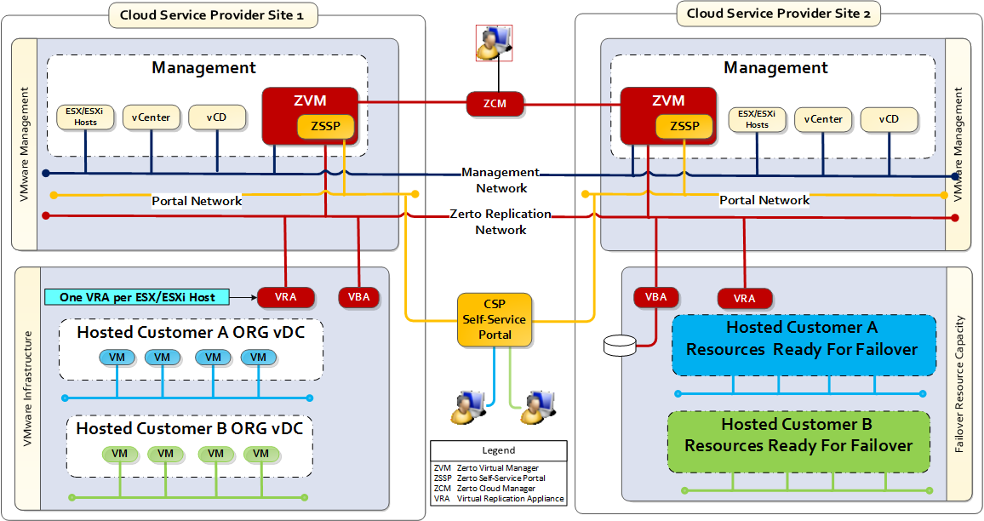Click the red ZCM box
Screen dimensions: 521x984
495,104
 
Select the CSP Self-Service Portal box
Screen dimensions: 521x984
495,320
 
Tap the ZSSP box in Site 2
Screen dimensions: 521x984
684,127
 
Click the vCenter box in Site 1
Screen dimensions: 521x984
152,117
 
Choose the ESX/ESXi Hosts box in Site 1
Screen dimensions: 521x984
86,117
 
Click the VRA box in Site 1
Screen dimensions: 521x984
287,297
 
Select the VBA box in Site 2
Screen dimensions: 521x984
656,297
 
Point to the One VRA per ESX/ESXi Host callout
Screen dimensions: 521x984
138,297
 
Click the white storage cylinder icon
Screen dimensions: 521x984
619,346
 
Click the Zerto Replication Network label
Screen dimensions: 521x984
501,222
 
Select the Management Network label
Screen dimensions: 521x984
501,180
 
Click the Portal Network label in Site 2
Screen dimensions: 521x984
764,200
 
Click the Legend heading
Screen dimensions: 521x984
498,450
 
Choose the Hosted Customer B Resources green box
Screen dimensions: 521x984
798,435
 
